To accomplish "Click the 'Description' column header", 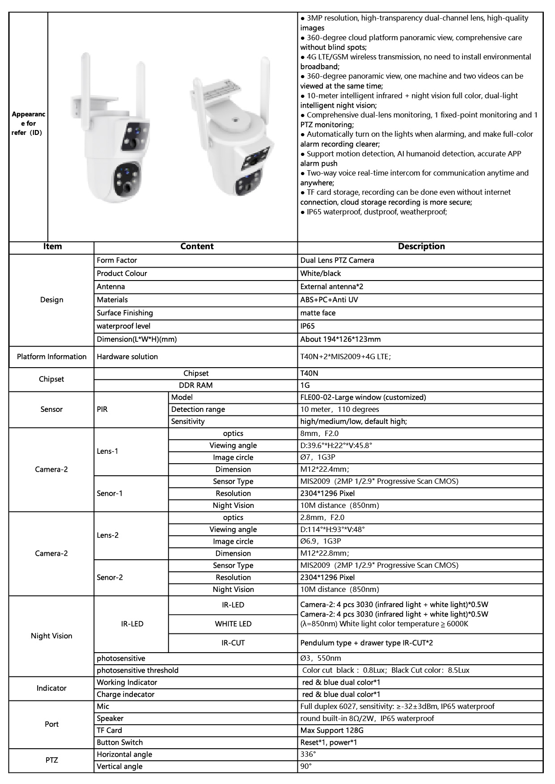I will pos(421,247).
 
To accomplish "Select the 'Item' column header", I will pos(52,247).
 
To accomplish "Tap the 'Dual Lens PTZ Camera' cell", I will pos(337,260).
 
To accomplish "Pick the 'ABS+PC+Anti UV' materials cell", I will pos(329,300).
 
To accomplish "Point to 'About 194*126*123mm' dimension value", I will pos(340,339).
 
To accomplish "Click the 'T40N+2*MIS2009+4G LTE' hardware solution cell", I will pos(345,357).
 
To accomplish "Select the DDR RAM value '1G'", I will pos(305,385).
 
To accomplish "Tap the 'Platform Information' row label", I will pos(51,356).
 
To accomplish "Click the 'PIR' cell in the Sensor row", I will pos(102,409).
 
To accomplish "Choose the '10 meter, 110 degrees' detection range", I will pos(339,409).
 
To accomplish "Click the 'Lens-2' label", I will pos(108,535).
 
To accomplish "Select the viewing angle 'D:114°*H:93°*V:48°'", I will pos(332,529).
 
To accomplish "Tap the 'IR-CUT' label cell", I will pos(233,643).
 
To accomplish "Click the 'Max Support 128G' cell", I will pos(332,730).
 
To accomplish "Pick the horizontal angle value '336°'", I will pos(308,755).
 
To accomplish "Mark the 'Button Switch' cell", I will pos(120,742).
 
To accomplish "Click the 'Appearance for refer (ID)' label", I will pos(28,123).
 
